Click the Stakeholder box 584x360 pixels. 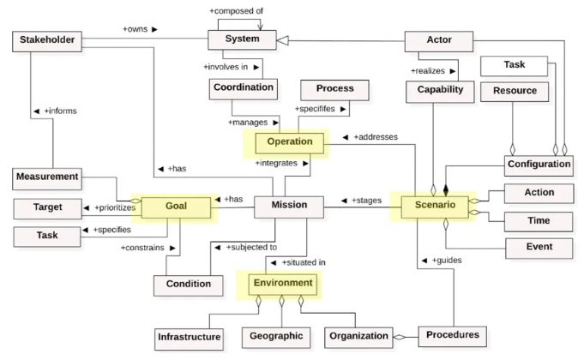click(46, 40)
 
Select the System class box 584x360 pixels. click(242, 39)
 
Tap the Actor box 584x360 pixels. click(438, 39)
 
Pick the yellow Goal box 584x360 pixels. click(176, 206)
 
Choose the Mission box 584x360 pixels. click(289, 206)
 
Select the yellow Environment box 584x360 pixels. click(282, 282)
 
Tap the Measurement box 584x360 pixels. click(46, 177)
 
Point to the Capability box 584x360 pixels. click(440, 89)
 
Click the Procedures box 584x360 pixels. click(453, 334)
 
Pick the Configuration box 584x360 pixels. click(539, 164)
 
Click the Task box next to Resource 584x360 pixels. click(514, 64)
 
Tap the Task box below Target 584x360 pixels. click(46, 236)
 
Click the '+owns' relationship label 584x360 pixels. click(141, 29)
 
